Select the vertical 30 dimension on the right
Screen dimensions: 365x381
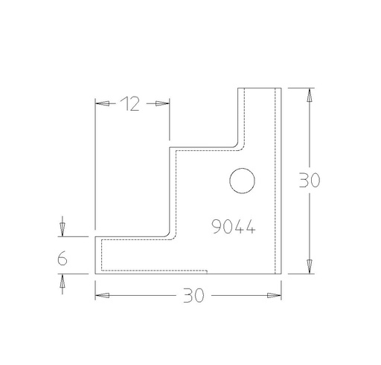click(x=308, y=181)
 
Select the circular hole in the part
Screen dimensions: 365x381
click(x=242, y=181)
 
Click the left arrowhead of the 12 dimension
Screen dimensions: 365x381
click(x=102, y=104)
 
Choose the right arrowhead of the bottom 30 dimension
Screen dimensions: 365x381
click(x=275, y=295)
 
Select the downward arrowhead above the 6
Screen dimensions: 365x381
click(x=63, y=227)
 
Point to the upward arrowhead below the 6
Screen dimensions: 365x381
click(x=63, y=282)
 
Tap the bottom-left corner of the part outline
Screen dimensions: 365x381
click(x=95, y=274)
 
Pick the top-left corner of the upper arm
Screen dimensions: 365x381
click(x=238, y=88)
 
